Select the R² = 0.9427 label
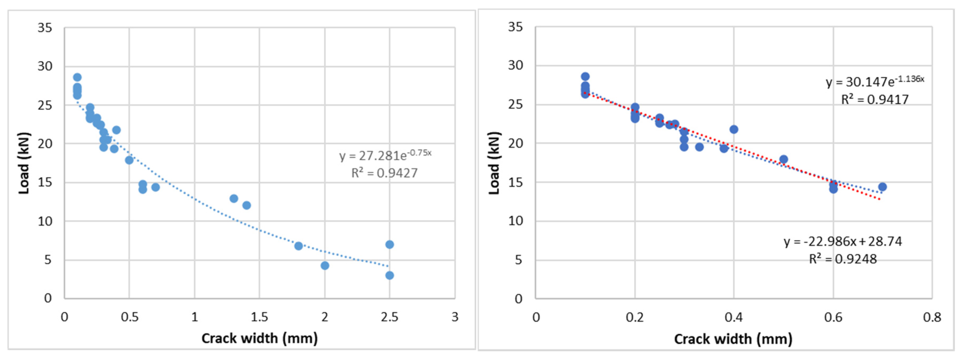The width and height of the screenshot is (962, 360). pyautogui.click(x=384, y=173)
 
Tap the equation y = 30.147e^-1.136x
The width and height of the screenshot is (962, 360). pyautogui.click(x=875, y=81)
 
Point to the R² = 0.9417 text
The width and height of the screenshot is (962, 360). pyautogui.click(x=875, y=99)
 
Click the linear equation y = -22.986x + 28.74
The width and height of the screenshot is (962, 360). pyautogui.click(x=842, y=242)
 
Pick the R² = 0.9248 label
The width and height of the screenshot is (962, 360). pyautogui.click(x=842, y=259)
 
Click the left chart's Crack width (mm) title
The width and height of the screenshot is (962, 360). pyautogui.click(x=259, y=338)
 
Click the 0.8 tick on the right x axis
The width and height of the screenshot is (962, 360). pyautogui.click(x=932, y=317)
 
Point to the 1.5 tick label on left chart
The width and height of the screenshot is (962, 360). pyautogui.click(x=259, y=317)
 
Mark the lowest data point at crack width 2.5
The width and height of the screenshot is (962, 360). pyautogui.click(x=390, y=275)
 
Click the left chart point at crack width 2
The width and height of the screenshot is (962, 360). pyautogui.click(x=325, y=266)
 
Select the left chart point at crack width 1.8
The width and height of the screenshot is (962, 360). pyautogui.click(x=298, y=246)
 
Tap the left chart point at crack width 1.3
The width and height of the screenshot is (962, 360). pyautogui.click(x=234, y=198)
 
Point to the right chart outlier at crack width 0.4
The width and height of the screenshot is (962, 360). pyautogui.click(x=734, y=129)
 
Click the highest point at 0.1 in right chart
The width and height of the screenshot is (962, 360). pyautogui.click(x=585, y=77)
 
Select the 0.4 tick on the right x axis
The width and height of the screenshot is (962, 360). pyautogui.click(x=734, y=317)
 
